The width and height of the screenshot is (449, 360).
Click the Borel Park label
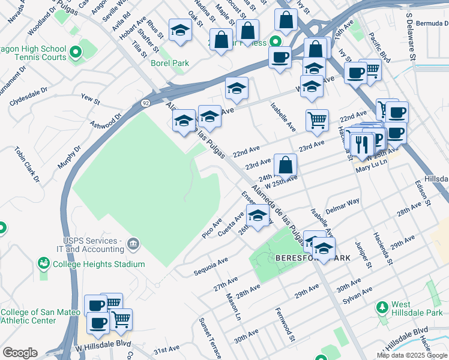(x=173, y=63)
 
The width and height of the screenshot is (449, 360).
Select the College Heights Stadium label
(x=98, y=264)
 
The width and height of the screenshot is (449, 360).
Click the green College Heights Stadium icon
(x=43, y=263)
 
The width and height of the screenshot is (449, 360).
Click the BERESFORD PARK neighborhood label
(x=313, y=257)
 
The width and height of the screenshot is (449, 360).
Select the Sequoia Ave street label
(x=211, y=268)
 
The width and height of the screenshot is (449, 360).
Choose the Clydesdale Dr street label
(x=29, y=99)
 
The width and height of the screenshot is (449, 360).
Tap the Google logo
(x=20, y=353)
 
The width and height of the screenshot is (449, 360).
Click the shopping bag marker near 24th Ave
(x=286, y=165)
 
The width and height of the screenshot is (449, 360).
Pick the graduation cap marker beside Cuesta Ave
(x=258, y=215)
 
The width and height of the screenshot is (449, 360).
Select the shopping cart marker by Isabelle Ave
(x=316, y=119)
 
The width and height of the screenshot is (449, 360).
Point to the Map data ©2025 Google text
(x=412, y=355)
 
